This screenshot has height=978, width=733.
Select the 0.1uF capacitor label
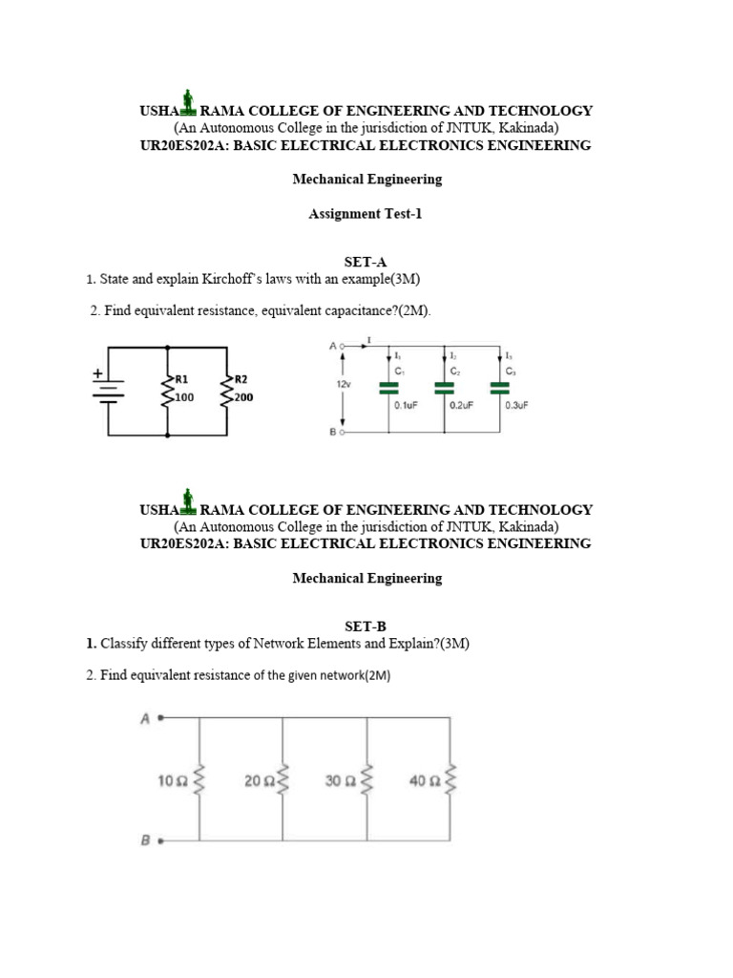[x=405, y=405]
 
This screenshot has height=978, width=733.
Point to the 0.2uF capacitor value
[x=460, y=405]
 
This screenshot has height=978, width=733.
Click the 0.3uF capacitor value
[x=516, y=405]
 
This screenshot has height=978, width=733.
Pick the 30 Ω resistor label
[x=340, y=781]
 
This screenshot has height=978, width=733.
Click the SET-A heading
[x=366, y=261]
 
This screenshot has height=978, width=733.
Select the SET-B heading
[x=366, y=627]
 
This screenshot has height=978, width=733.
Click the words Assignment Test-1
[x=366, y=214]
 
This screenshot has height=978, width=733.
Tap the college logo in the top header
[x=188, y=102]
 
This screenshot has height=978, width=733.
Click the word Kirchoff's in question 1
[x=233, y=279]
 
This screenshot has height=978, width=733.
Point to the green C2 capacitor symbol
[x=444, y=388]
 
